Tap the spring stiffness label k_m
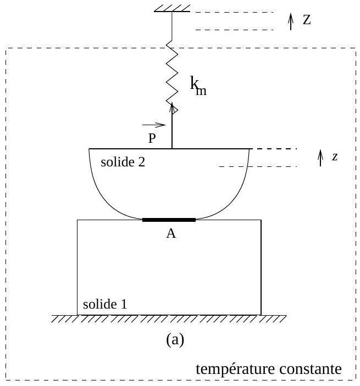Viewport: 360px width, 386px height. tap(198, 86)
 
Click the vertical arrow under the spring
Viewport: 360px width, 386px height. tap(173, 126)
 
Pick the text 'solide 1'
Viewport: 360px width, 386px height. tap(105, 304)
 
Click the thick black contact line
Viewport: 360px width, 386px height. tap(169, 220)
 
